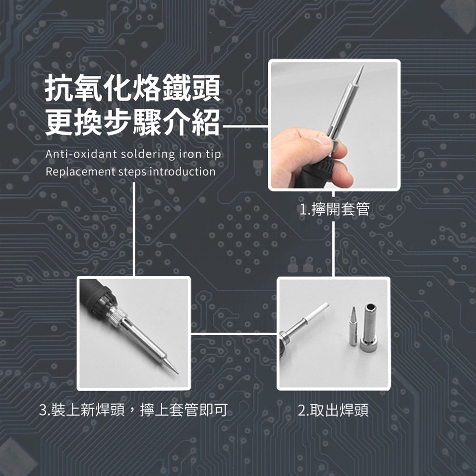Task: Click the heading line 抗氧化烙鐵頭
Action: [132, 88]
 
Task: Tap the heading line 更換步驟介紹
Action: [132, 122]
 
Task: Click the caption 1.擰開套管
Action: [334, 209]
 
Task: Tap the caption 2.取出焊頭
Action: [333, 410]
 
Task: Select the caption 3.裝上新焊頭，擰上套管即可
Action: [133, 410]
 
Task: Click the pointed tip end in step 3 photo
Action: [178, 372]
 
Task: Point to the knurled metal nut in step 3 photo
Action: [117, 315]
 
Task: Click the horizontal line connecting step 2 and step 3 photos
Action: [234, 334]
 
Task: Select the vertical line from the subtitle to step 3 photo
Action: [134, 229]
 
